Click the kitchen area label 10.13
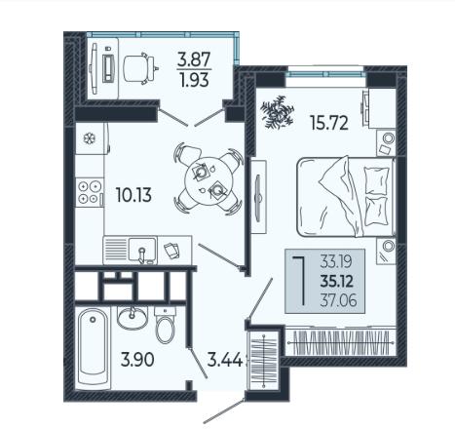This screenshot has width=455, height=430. coord(133,195)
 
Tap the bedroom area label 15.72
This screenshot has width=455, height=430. coord(329,123)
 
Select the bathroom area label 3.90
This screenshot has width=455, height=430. coord(137,360)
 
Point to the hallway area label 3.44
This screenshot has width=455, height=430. coord(225,360)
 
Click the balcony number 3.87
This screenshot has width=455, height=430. coord(194,59)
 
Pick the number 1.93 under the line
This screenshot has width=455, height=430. coord(195,80)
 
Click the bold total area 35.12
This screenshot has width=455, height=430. coord(337,282)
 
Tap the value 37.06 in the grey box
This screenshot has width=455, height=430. coord(338,299)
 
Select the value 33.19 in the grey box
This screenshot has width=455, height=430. coord(336,261)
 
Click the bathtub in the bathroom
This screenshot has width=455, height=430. coord(94,349)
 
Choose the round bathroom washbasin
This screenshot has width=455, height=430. coord(133,318)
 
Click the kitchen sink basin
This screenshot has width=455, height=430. coord(142,250)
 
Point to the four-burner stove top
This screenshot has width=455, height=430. coord(90,192)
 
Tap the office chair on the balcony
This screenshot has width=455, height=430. coord(139,69)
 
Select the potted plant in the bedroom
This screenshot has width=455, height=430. coord(277,112)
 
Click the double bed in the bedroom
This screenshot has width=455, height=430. coord(346,196)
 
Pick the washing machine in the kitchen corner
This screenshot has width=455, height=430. coord(93,138)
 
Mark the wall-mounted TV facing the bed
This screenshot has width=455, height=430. coord(258,197)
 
